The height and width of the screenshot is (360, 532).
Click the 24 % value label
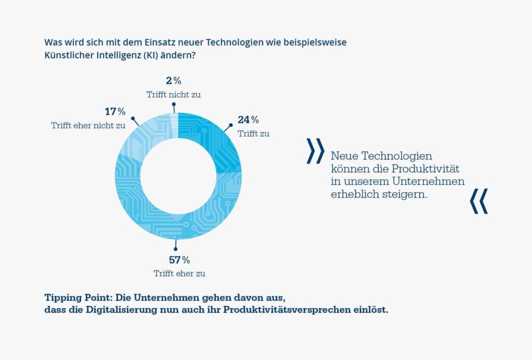tap(248, 120)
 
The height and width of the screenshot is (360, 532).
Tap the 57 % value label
tap(179, 260)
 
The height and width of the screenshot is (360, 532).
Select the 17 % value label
tap(115, 112)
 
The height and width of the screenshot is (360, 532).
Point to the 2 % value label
tap(174, 81)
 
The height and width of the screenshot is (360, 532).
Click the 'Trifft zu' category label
tap(254, 134)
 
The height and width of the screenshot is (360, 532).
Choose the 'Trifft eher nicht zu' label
tap(88, 125)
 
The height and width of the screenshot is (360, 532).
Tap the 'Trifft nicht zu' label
tap(174, 95)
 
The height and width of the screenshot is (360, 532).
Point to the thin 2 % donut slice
tap(174, 118)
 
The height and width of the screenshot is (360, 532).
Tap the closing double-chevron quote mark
tap(478, 201)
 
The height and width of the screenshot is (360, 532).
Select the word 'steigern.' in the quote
tap(405, 194)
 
